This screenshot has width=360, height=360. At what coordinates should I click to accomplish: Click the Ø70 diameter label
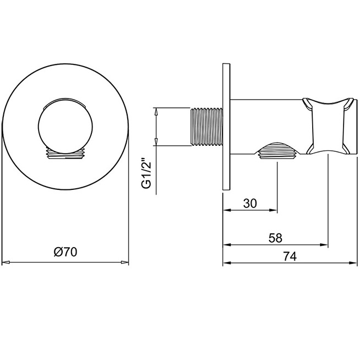[x=66, y=252]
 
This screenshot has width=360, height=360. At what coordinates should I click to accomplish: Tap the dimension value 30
[x=250, y=203]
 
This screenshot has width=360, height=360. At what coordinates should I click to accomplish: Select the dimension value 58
[x=275, y=238]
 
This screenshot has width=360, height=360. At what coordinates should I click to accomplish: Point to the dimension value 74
[x=290, y=256]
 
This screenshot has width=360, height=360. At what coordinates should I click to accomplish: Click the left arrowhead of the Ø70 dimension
[x=6, y=262]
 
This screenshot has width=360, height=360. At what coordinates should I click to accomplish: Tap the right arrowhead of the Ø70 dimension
[x=124, y=262]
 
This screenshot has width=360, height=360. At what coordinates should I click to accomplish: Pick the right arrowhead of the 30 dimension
[x=273, y=210]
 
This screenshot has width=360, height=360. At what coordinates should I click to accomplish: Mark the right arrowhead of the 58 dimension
[x=324, y=245]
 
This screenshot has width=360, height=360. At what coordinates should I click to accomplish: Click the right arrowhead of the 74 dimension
[x=353, y=263]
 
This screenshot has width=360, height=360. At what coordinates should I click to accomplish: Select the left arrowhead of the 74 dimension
[x=227, y=263]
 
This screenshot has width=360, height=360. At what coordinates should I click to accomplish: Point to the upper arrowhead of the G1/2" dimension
[x=156, y=112]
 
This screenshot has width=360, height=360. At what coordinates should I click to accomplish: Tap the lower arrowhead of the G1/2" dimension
[x=156, y=141]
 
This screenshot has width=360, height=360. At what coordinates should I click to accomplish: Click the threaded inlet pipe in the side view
[x=206, y=127]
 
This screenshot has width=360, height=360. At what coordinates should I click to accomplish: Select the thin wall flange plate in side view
[x=226, y=127]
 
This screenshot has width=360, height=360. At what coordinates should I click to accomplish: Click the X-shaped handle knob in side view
[x=328, y=126]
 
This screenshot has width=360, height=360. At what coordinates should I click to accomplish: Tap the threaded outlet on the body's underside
[x=277, y=150]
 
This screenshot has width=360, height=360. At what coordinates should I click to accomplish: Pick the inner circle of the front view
[x=66, y=126]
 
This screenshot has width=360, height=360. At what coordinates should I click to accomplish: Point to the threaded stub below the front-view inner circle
[x=66, y=153]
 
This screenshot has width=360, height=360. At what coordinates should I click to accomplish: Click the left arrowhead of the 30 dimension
[x=227, y=210]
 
